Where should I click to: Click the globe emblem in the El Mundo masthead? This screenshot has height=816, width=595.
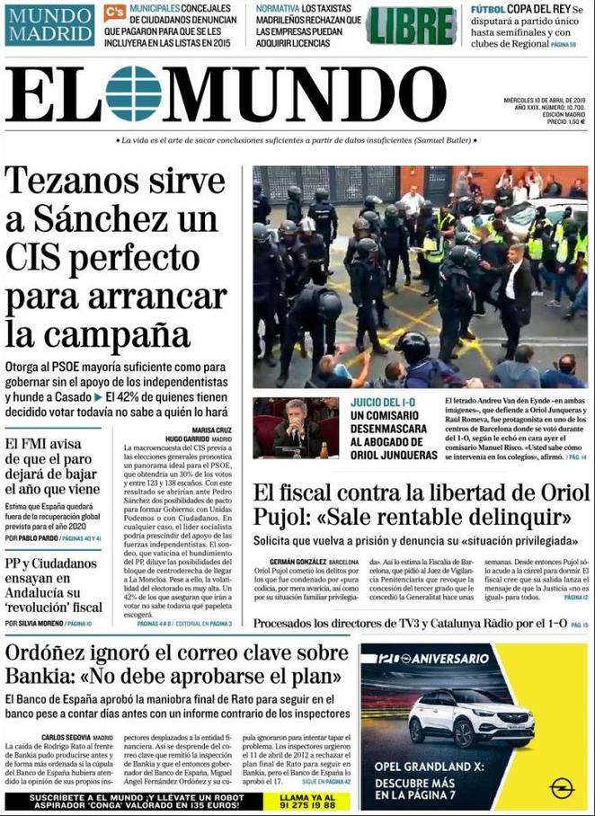pyautogui.click(x=133, y=93)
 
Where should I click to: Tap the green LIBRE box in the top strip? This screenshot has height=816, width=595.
pyautogui.click(x=412, y=25)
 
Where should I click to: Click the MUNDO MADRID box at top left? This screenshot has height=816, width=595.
pyautogui.click(x=49, y=24)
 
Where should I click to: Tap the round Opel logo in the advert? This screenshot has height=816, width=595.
pyautogui.click(x=562, y=788)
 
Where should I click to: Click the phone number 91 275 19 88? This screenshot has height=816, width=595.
pyautogui.click(x=309, y=805)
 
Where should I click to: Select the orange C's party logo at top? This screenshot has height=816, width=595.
pyautogui.click(x=114, y=12)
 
